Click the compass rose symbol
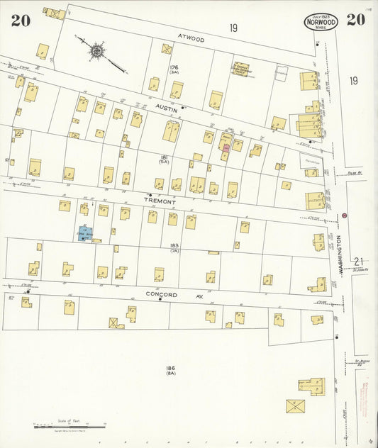coord(96,51)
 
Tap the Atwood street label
coord(191,40)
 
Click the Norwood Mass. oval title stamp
coord(321,21)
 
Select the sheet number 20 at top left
coord(20,20)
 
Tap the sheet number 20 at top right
coord(355,19)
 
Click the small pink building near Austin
coord(226,147)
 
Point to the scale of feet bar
coord(70,426)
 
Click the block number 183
coord(174,246)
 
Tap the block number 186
coord(170,369)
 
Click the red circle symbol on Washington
coord(345,215)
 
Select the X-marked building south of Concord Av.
coord(116,323)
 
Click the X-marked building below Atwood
coord(167,49)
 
